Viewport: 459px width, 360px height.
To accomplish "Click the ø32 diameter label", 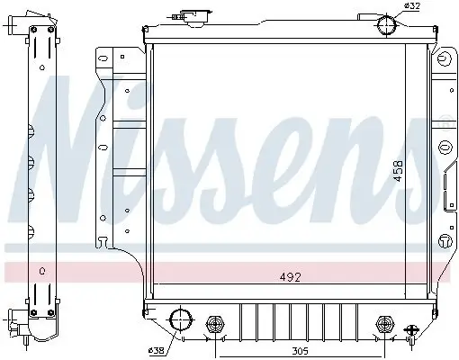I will [412, 7].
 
